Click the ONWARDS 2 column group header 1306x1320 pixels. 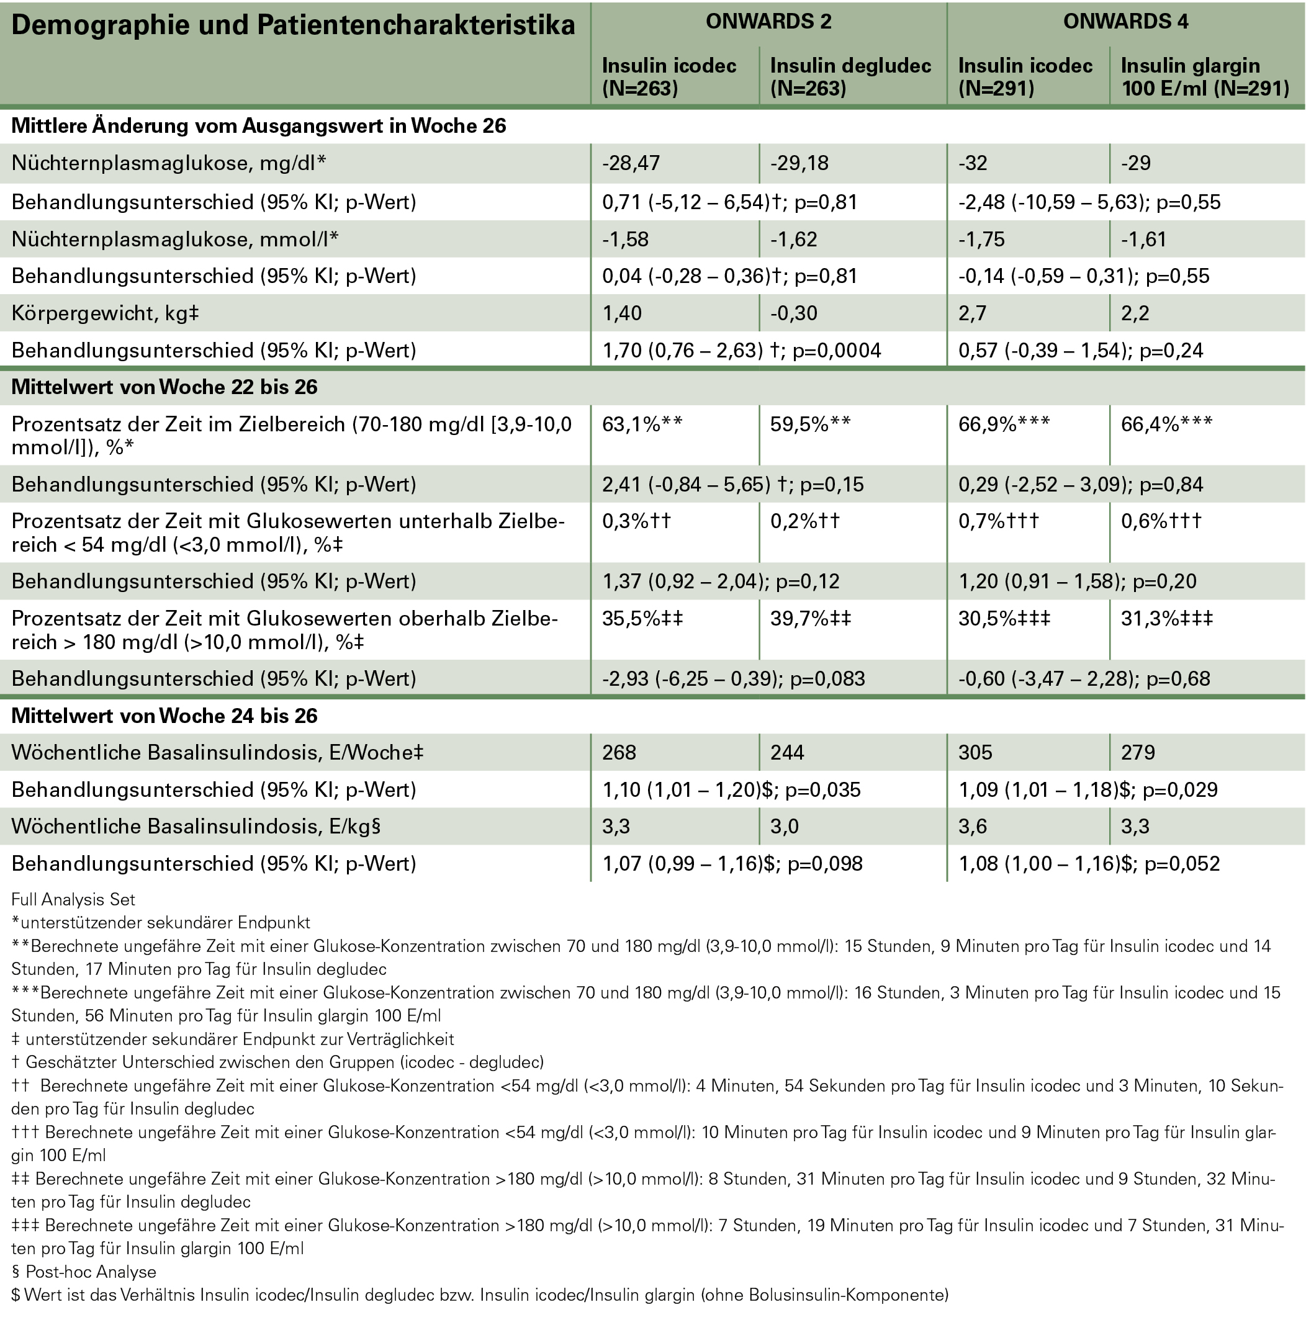click(768, 22)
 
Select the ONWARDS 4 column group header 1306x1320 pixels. click(1125, 22)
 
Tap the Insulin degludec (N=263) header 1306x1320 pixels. click(850, 76)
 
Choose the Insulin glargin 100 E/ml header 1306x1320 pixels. click(1205, 76)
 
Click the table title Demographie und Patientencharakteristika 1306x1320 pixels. click(293, 26)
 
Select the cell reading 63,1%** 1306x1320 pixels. click(642, 424)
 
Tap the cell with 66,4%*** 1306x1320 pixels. click(1166, 424)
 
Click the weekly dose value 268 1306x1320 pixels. click(619, 752)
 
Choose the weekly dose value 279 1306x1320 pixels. click(1138, 752)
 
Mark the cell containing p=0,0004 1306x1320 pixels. click(742, 351)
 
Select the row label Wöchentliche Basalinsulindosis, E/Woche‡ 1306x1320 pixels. click(217, 752)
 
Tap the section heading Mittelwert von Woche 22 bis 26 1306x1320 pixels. click(164, 387)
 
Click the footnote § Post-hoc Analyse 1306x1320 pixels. click(84, 1272)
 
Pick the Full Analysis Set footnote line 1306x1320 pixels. click(73, 900)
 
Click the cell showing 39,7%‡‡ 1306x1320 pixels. click(811, 619)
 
